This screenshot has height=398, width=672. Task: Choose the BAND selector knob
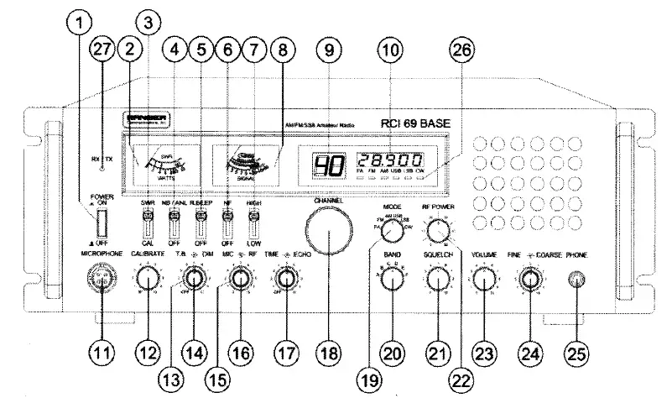[x=391, y=278]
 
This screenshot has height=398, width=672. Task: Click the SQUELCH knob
[x=436, y=278]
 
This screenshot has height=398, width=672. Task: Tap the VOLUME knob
[x=482, y=278]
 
